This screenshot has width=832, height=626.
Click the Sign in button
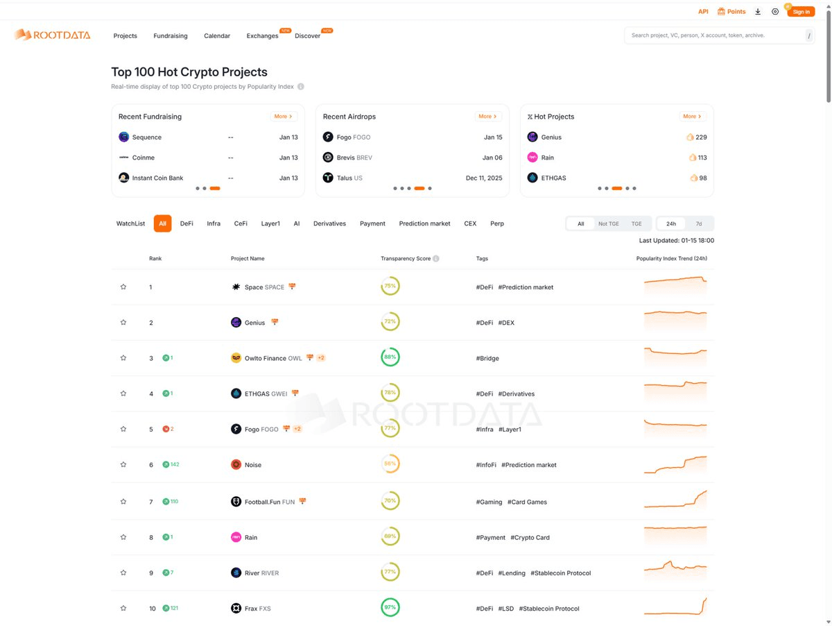801,12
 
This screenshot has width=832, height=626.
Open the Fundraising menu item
171,36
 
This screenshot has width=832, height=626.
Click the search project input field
714,35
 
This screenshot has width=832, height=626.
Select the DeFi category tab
187,223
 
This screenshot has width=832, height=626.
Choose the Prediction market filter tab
424,223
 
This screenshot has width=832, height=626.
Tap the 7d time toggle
699,223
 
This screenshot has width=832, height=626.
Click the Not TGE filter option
608,223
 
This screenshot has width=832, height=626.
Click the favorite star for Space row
123,287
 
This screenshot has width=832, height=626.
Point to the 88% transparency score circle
390,357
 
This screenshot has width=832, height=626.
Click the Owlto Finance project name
266,358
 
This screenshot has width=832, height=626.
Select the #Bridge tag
487,358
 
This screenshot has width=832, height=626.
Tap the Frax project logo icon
236,609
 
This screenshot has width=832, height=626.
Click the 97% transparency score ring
390,608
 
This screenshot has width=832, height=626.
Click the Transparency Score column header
406,259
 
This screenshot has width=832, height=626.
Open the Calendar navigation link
217,36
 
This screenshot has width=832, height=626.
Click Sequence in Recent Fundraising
147,137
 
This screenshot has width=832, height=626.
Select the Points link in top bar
731,12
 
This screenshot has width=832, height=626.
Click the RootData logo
53,35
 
